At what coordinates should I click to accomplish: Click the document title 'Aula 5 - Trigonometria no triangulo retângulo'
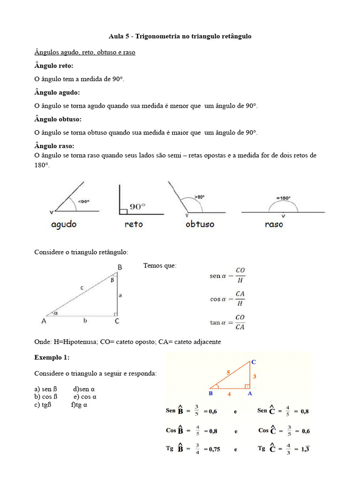coord(180,36)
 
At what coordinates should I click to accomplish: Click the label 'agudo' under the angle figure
coord(64,225)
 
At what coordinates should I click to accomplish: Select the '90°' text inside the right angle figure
coord(137,206)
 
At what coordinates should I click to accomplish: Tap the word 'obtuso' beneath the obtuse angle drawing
coord(200,225)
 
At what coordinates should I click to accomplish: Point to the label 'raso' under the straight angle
coord(274,225)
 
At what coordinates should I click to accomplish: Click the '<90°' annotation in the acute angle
coord(83,202)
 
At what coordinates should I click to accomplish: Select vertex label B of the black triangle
coord(120,267)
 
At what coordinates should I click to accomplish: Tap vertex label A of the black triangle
coord(44,322)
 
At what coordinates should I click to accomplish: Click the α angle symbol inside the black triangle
coord(56,313)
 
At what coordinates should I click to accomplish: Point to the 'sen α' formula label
coord(218,276)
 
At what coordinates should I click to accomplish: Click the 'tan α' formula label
coord(218,322)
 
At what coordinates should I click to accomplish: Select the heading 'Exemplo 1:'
coord(52,357)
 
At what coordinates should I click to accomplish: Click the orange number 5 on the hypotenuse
coord(228,373)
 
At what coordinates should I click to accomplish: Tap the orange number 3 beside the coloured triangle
coord(255,376)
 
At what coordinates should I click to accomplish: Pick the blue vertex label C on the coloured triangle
coord(254,362)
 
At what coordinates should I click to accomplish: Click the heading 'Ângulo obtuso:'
coord(58,119)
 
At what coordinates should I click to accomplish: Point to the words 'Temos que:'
coord(160,266)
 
